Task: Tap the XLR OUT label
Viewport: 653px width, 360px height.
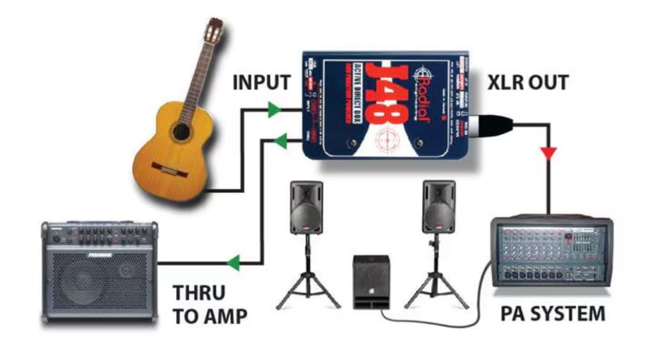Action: click(x=528, y=83)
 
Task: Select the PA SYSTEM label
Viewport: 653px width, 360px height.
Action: click(x=553, y=314)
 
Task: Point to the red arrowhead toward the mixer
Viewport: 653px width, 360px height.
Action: click(x=549, y=154)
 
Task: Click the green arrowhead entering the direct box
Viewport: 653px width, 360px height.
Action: click(x=275, y=110)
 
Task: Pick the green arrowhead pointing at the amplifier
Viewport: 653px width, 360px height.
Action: click(x=232, y=263)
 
